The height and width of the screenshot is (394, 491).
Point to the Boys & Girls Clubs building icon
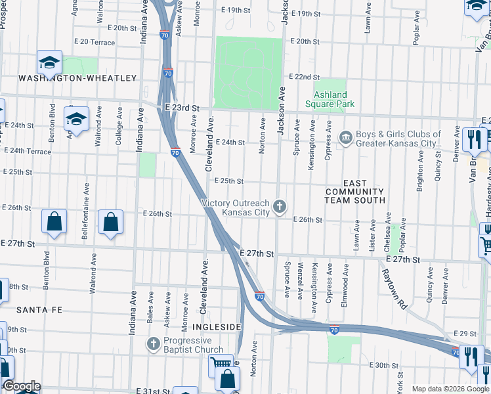(345, 137)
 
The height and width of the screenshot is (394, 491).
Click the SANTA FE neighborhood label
(34, 309)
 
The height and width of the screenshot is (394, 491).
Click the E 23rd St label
(182, 108)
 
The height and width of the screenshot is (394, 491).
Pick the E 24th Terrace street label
(28, 151)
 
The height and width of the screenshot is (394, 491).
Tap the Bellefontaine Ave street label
(85, 205)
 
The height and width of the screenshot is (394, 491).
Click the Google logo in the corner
(21, 386)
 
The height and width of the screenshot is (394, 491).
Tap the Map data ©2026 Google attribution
(450, 389)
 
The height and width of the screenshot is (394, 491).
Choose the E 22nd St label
(303, 77)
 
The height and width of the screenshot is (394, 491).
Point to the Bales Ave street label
(151, 310)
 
